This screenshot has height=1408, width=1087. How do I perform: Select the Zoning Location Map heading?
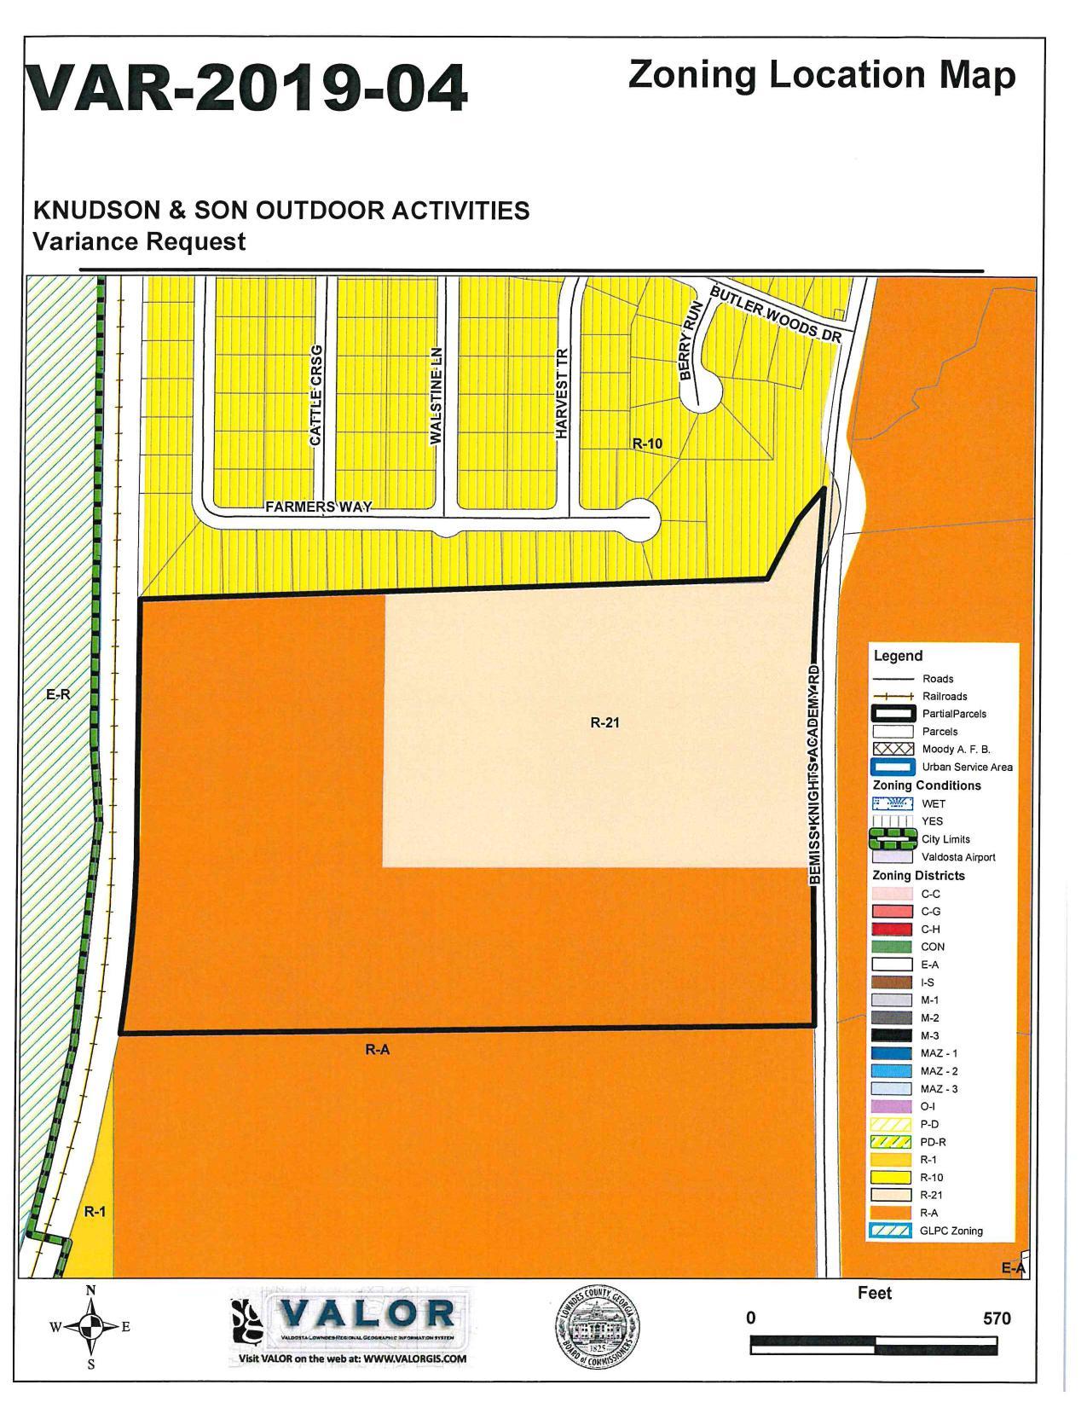[x=821, y=75]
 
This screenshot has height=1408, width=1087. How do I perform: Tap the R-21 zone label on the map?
[x=604, y=722]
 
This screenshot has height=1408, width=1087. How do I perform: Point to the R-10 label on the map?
[x=647, y=443]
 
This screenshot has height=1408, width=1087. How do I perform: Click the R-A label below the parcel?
[x=377, y=1050]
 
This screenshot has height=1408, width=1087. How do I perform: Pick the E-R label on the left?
[x=58, y=694]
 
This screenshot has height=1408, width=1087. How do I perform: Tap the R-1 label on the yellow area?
[x=95, y=1211]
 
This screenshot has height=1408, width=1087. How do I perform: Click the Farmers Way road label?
[x=318, y=507]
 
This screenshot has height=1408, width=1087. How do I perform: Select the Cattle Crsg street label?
[x=315, y=395]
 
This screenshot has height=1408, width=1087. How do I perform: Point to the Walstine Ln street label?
[x=436, y=395]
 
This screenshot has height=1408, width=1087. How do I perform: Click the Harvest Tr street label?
[x=561, y=393]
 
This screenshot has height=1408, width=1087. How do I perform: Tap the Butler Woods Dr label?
[x=775, y=313]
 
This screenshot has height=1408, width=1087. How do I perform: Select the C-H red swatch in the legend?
[x=892, y=929]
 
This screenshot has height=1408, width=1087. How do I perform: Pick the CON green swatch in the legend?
[x=892, y=947]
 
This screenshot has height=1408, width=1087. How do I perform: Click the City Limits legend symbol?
[x=892, y=839]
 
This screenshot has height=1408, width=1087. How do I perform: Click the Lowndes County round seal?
[x=595, y=1327]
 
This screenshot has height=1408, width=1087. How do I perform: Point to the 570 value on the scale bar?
[x=996, y=1318]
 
